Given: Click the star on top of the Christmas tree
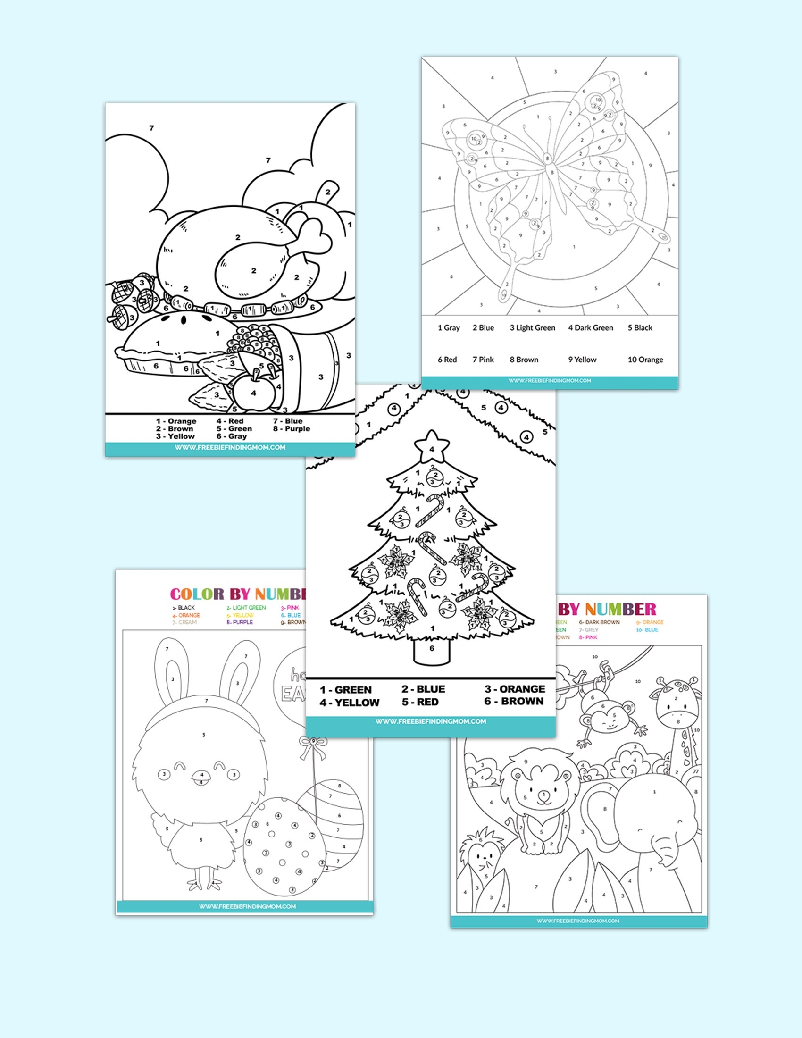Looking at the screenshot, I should pos(431,446).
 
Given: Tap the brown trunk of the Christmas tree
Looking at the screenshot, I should pos(431,650).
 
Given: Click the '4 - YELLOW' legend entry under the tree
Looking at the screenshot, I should pos(350,703).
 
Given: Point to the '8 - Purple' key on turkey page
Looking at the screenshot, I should pos(291,429).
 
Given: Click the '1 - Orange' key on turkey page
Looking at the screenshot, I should pos(176,421).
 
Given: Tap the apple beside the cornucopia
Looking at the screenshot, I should pos(254,391).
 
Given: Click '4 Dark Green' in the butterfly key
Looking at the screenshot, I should pos(591,328).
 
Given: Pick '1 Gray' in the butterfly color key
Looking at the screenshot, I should pos(449,328).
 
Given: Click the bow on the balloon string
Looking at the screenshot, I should pos(312,742).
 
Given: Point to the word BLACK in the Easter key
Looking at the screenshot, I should pos(186,608).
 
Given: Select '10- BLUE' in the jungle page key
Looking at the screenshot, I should pos(647,630).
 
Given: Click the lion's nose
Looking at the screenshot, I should pos(543,793).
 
